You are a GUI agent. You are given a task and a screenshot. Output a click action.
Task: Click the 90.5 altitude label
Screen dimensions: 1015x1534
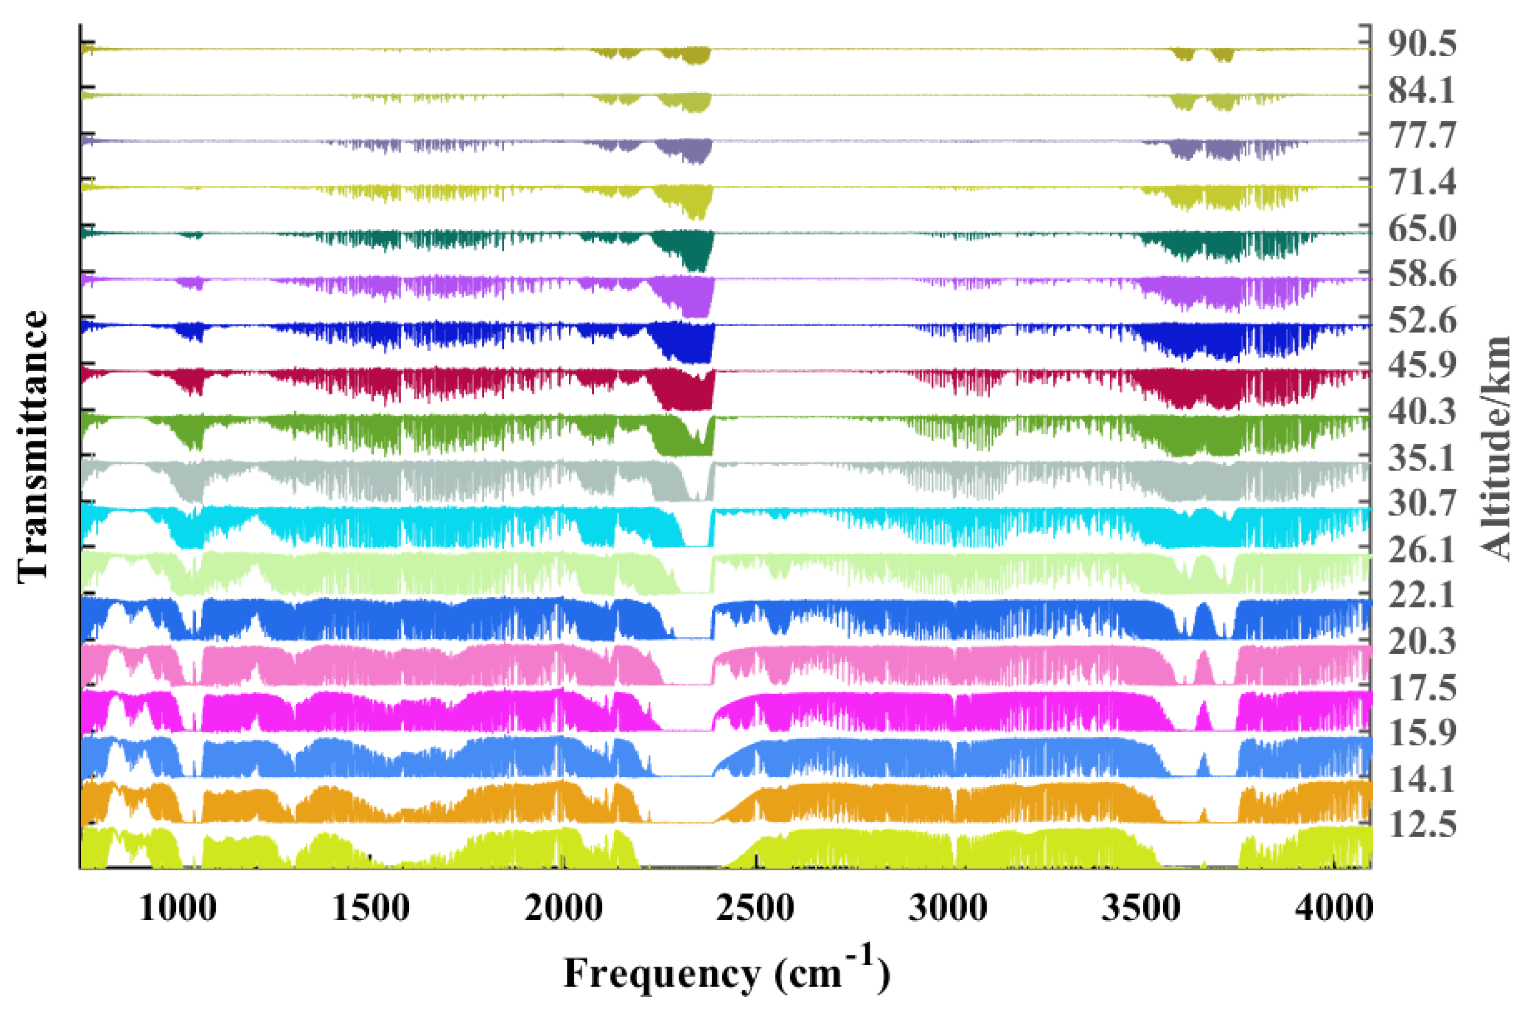pyautogui.click(x=1422, y=44)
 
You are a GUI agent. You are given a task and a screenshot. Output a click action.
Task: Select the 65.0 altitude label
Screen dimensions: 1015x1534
pyautogui.click(x=1422, y=229)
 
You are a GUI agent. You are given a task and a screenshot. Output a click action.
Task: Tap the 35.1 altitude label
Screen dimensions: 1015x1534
pyautogui.click(x=1422, y=458)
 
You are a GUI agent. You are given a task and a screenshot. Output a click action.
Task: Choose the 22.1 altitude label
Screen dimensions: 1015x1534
pyautogui.click(x=1422, y=595)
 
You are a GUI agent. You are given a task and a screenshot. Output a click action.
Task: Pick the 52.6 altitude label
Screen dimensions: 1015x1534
pyautogui.click(x=1422, y=321)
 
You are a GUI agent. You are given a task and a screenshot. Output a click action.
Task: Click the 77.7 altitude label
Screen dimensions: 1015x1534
pyautogui.click(x=1422, y=135)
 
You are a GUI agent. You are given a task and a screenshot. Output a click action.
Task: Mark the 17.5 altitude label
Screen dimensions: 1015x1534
pyautogui.click(x=1422, y=688)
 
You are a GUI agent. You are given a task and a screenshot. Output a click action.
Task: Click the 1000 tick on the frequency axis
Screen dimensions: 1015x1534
pyautogui.click(x=178, y=908)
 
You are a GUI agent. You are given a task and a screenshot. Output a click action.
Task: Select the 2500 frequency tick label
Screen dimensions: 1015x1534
pyautogui.click(x=756, y=908)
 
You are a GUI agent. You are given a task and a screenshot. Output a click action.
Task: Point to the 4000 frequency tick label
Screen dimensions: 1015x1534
pyautogui.click(x=1333, y=908)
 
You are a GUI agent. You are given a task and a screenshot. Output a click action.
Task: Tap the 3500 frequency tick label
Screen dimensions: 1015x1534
pyautogui.click(x=1141, y=908)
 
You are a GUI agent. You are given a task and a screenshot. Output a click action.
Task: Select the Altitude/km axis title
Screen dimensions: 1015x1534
pyautogui.click(x=1495, y=447)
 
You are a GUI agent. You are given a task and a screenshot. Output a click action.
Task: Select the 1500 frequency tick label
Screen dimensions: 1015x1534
pyautogui.click(x=370, y=908)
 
